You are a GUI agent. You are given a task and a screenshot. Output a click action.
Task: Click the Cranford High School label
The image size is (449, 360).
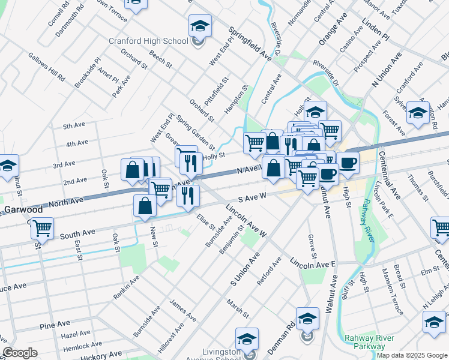[148, 41]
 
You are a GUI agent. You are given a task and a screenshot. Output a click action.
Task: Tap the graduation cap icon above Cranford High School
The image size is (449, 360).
[200, 26]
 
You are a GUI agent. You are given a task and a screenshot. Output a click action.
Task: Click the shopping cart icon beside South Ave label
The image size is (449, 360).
[42, 229]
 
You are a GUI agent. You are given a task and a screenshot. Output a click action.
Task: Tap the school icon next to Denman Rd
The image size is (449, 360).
[307, 319]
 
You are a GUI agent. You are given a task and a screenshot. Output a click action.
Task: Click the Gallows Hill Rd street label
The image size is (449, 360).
[46, 67]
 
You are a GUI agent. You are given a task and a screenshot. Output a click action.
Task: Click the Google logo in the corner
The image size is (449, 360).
[20, 353]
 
